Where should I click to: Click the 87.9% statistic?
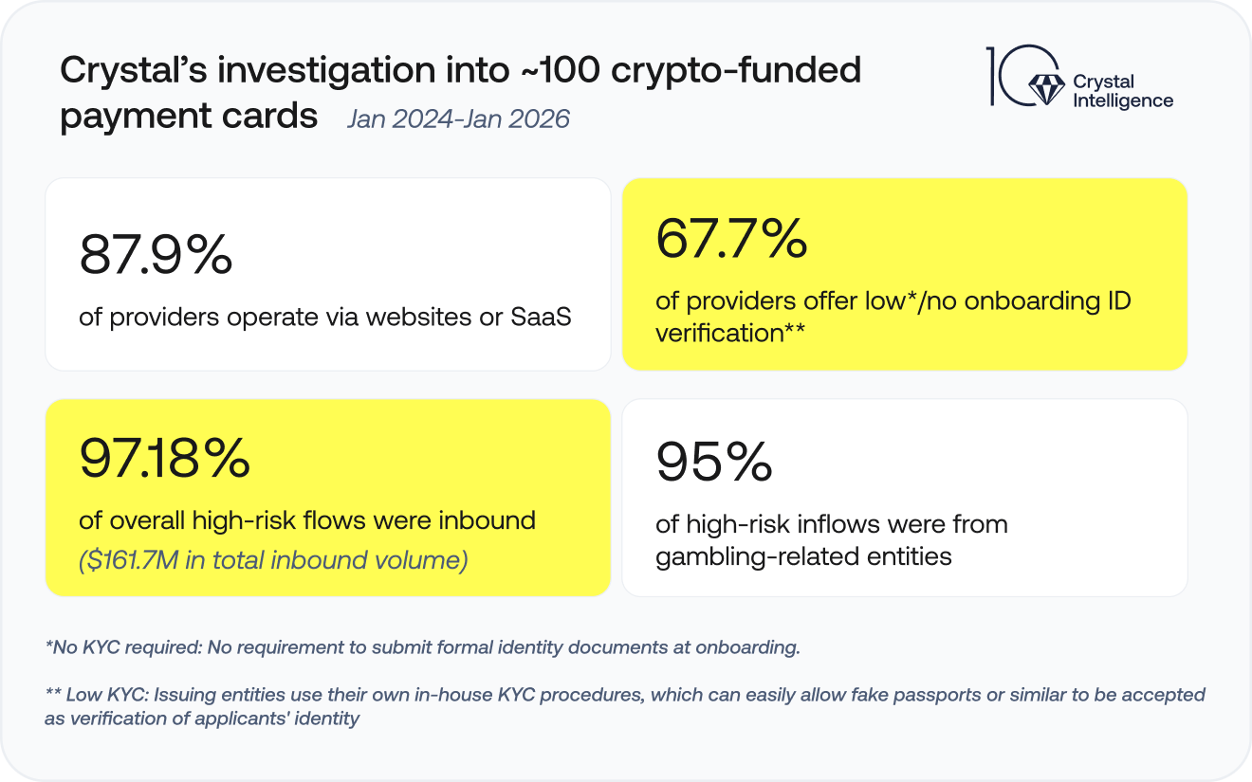tap(156, 255)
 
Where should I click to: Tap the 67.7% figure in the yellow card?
tap(730, 239)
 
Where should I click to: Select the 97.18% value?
tap(164, 459)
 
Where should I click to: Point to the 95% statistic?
tap(713, 463)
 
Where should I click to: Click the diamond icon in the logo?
tap(1047, 90)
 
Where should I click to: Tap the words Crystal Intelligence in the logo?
tap(1122, 92)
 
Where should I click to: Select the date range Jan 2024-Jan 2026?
tap(458, 119)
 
